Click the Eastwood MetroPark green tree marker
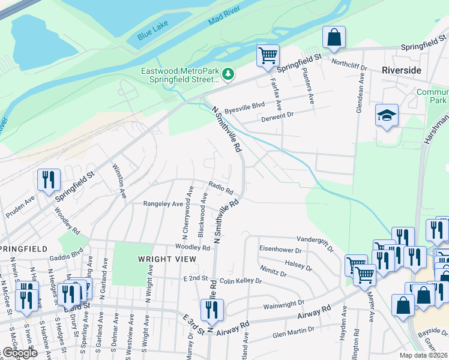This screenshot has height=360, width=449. click(x=228, y=74)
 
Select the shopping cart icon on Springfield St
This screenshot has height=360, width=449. click(x=268, y=56)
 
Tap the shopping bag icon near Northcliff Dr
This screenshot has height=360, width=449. click(x=334, y=37)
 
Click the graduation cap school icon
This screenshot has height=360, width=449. click(x=387, y=115)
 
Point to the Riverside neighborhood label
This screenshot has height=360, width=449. click(x=401, y=70)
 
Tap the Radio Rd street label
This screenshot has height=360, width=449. click(x=221, y=188)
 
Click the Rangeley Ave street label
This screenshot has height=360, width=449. click(x=163, y=204)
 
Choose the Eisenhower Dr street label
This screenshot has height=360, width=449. click(x=280, y=249)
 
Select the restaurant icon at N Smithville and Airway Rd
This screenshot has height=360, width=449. click(x=211, y=309)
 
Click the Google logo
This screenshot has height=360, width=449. click(x=20, y=353)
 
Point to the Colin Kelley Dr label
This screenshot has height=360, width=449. click(x=241, y=280)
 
